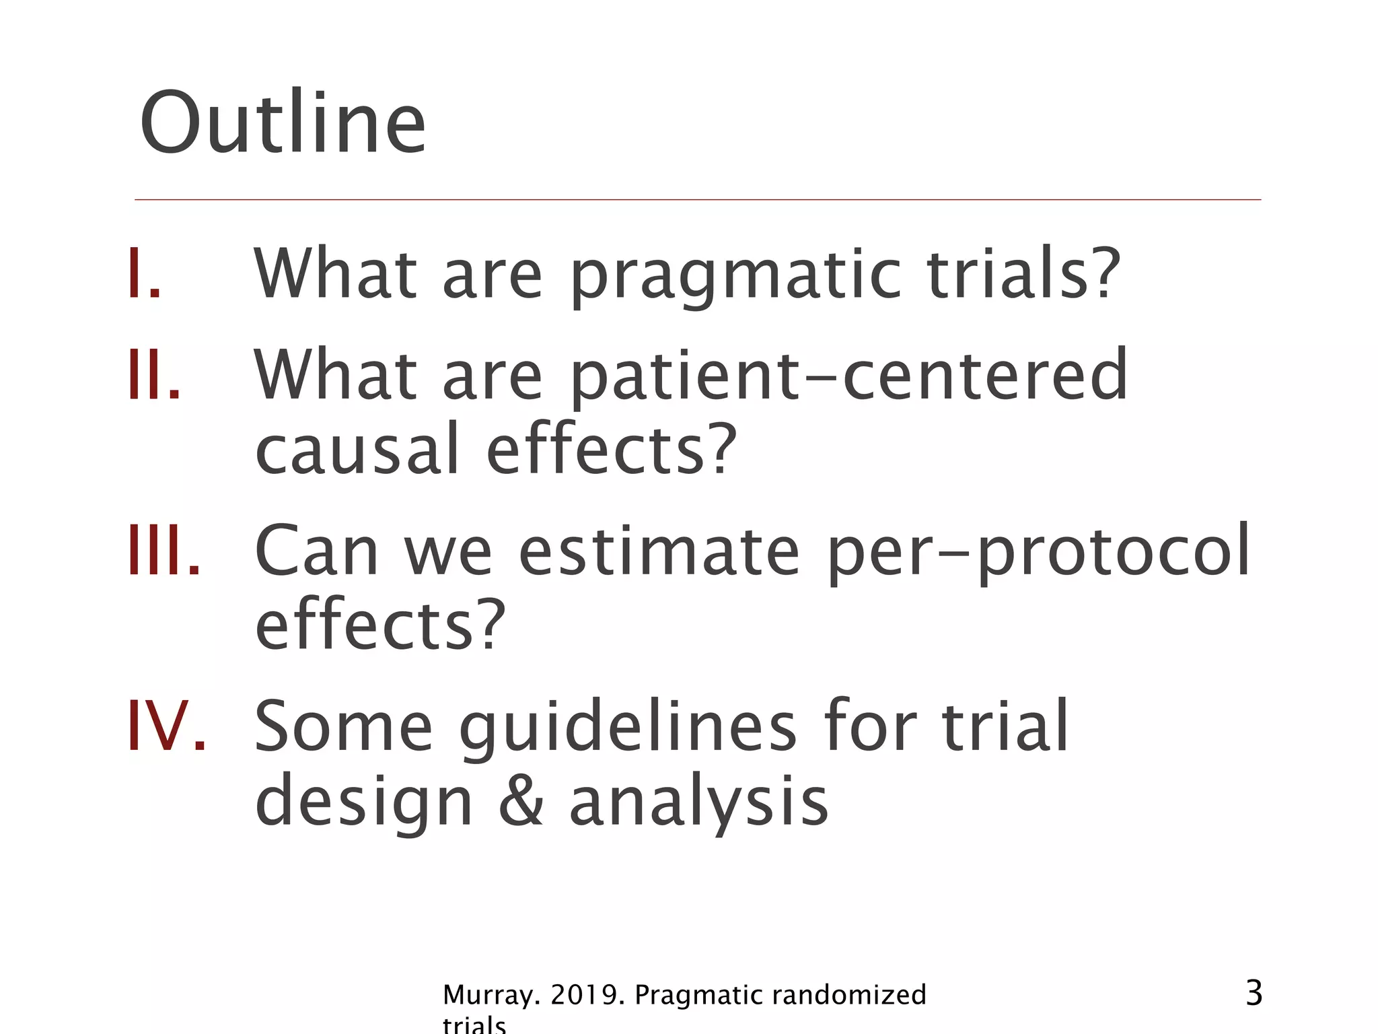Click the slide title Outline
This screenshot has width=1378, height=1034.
[x=283, y=125]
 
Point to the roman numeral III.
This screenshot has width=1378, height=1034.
[x=164, y=551]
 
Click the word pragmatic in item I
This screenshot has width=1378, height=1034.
[x=736, y=276]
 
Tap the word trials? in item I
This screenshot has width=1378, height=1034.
[x=1023, y=273]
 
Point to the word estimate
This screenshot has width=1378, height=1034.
[x=659, y=551]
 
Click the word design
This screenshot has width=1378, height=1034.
[x=363, y=802]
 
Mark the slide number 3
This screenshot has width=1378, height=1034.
[x=1254, y=994]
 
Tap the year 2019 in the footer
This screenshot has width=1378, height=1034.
[x=584, y=995]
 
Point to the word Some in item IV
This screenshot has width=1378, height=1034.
[x=343, y=727]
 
